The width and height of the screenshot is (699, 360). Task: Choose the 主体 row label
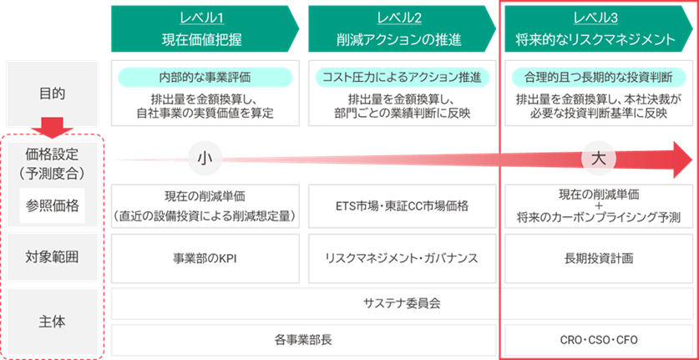point(53,321)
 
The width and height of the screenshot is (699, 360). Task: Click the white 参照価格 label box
point(53,206)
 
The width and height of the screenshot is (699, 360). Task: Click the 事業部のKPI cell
point(205,257)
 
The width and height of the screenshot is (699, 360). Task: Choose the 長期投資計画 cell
point(598,257)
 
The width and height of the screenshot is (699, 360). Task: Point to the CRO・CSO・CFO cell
point(598,340)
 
